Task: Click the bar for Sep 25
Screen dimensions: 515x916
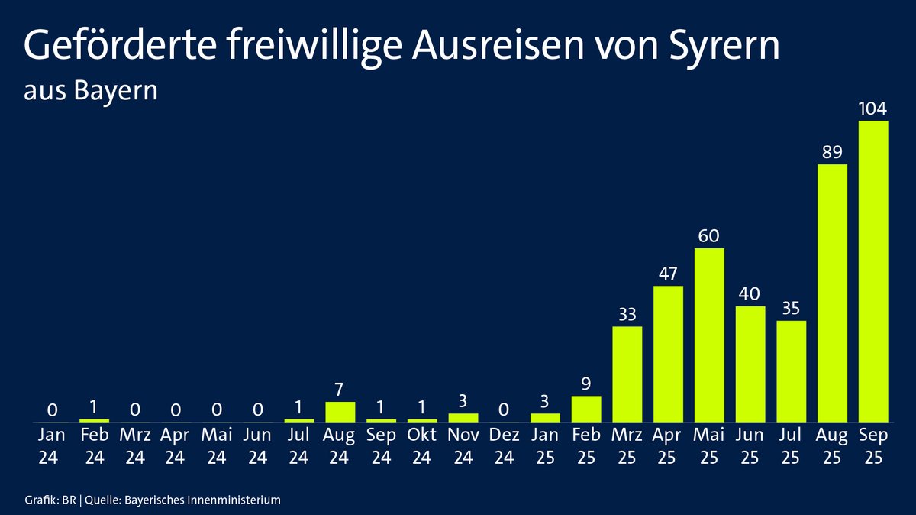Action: pos(873,270)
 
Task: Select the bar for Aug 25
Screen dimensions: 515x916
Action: pos(832,293)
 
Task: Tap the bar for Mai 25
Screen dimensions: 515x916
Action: pos(709,335)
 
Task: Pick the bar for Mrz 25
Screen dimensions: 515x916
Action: pos(627,374)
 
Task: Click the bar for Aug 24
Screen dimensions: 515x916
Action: pos(340,412)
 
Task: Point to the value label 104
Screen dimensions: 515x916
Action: pos(873,109)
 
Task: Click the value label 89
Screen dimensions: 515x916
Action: pos(832,151)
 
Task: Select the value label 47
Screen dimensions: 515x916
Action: pos(668,274)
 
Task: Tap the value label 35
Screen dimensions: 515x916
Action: pos(792,308)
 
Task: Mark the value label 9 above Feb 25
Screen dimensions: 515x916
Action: pos(586,384)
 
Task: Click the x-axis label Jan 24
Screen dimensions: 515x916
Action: pos(53,446)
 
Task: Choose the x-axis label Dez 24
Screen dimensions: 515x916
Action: pos(504,446)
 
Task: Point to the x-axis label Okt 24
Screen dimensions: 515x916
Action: pos(422,446)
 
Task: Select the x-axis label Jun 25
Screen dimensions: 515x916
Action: pos(750,446)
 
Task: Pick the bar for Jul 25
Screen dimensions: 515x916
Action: pos(792,371)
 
